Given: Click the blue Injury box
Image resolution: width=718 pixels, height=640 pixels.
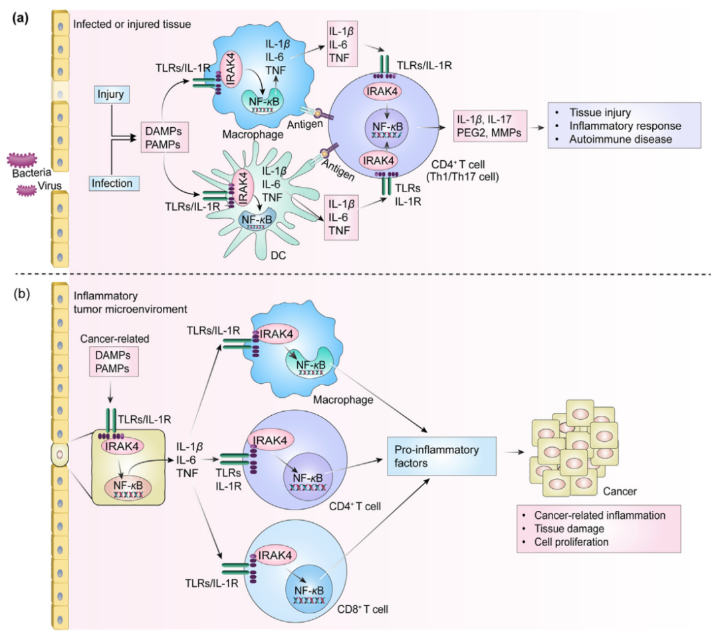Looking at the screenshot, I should tap(110, 95).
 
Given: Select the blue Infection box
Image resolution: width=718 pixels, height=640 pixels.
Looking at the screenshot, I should tap(111, 182).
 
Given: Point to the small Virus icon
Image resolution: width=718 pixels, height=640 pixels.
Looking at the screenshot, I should tap(27, 190).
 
